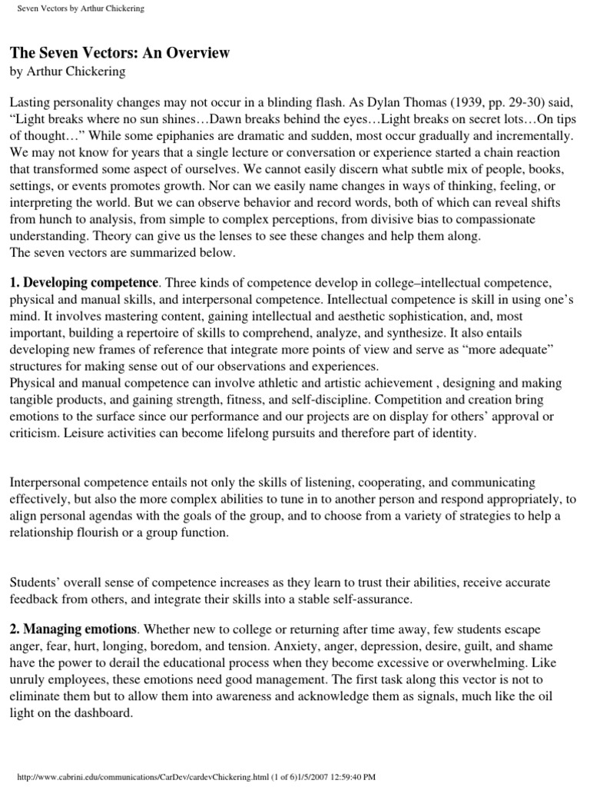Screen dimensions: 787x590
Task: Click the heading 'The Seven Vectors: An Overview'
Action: coord(119,53)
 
